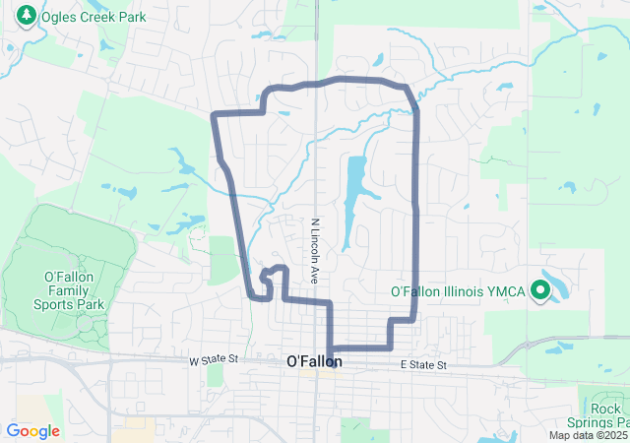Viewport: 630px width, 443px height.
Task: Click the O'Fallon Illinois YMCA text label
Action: [x=460, y=291]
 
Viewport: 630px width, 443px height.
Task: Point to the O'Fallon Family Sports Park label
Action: [x=69, y=290]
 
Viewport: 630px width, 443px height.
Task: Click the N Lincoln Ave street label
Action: [x=316, y=252]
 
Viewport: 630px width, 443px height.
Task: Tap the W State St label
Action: [x=214, y=361]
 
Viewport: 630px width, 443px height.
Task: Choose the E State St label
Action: [x=423, y=365]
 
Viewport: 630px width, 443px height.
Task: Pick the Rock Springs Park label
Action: [x=604, y=415]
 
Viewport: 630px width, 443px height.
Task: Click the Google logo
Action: [x=32, y=430]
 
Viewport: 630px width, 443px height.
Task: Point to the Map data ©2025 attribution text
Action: [x=588, y=435]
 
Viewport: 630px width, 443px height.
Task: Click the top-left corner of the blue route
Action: [x=215, y=115]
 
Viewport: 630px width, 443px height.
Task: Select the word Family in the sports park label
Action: [x=69, y=290]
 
